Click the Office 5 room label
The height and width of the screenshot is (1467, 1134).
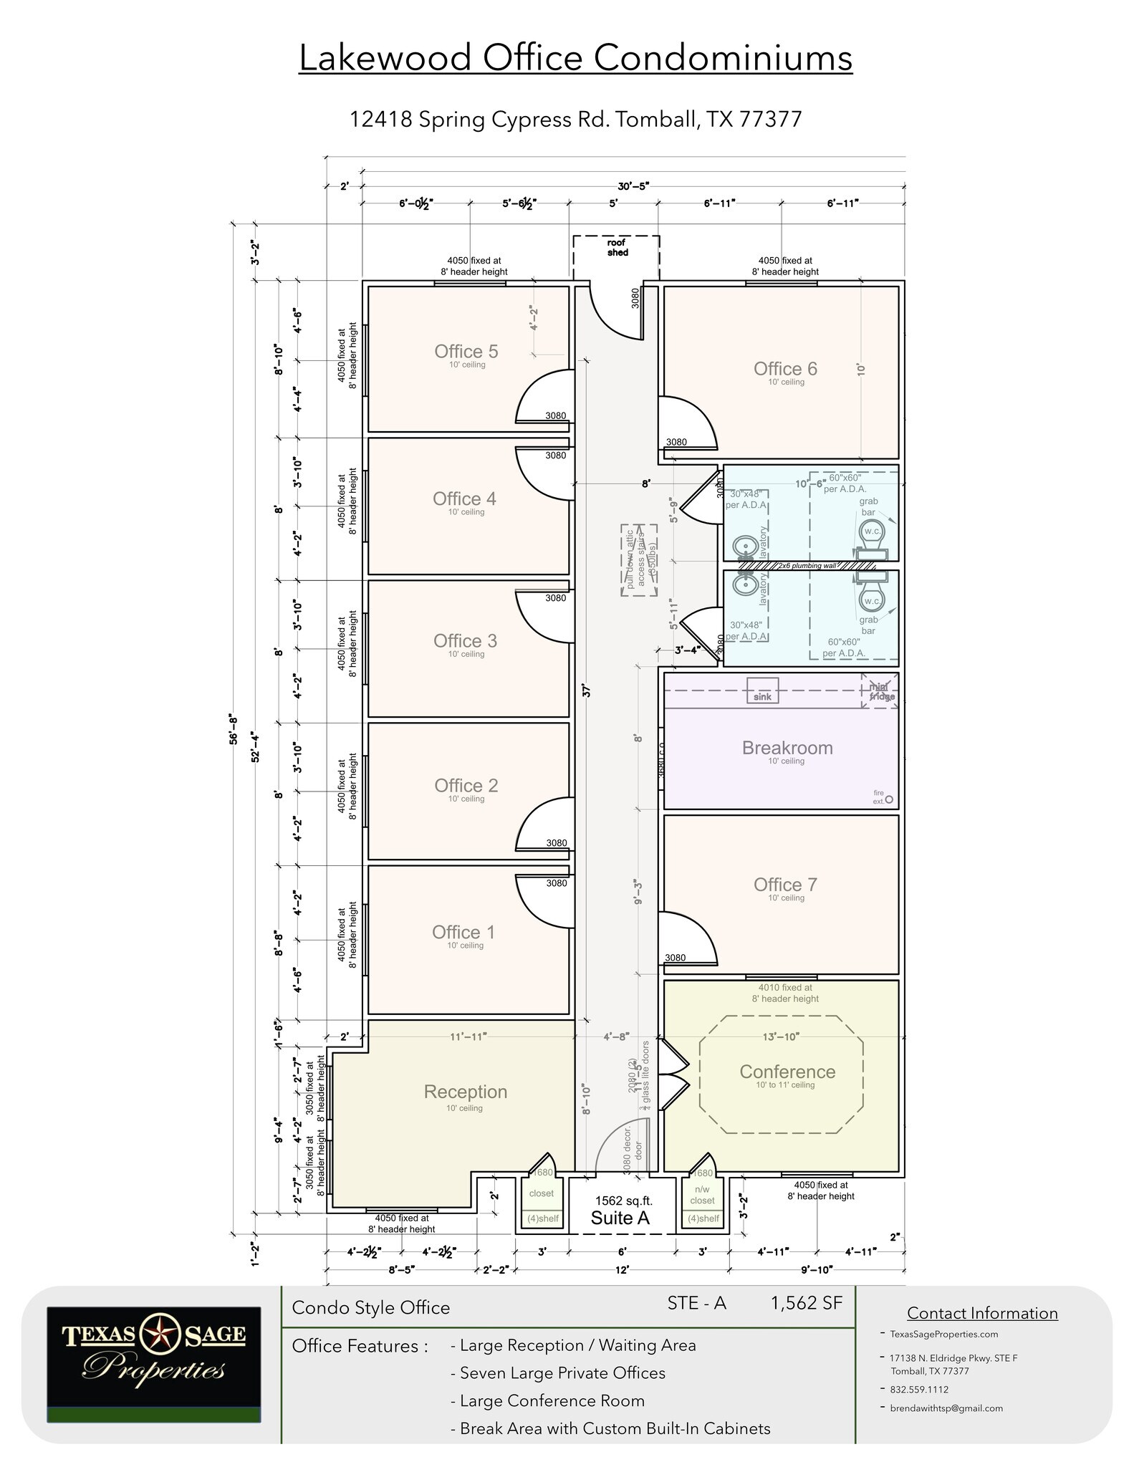coord(466,352)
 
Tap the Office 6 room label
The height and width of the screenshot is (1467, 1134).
coord(785,369)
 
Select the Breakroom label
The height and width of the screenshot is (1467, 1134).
coord(787,748)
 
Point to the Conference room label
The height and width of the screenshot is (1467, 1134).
coord(787,1072)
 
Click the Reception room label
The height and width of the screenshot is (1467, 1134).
coord(466,1092)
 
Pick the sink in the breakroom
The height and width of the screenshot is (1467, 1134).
coord(762,691)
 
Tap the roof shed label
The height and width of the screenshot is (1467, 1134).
coord(617,248)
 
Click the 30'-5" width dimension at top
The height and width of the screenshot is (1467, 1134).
coord(633,186)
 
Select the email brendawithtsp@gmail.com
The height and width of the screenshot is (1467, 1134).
coord(946,1408)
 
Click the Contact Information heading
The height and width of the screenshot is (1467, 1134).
coord(982,1313)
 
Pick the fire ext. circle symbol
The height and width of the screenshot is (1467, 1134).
coord(890,799)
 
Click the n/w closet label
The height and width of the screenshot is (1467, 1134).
coord(702,1197)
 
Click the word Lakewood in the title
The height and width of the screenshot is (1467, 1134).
coord(384,58)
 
